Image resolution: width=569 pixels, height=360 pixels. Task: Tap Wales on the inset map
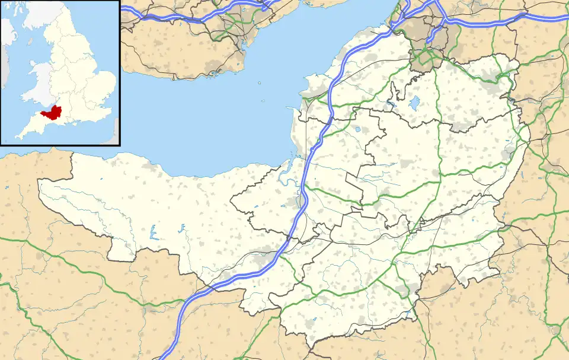click(40, 83)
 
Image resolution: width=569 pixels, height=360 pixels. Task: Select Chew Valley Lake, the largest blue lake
click(413, 103)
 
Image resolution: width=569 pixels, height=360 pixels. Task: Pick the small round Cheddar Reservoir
click(359, 129)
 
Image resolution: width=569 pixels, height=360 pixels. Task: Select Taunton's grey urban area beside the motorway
click(261, 259)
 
